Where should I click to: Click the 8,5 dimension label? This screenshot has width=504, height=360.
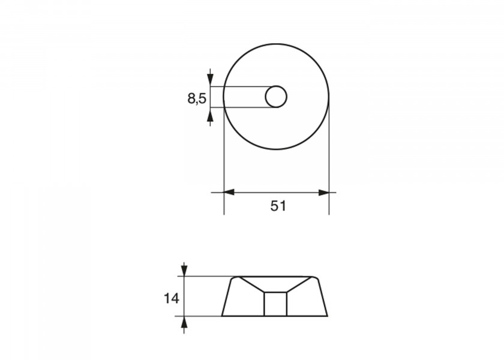197,98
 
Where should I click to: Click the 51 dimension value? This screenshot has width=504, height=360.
278,206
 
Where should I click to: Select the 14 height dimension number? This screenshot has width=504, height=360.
172,299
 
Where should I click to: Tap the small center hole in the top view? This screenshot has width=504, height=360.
276,97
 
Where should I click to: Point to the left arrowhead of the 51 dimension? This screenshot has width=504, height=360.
229,193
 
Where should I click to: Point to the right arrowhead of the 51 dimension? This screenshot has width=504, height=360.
323,193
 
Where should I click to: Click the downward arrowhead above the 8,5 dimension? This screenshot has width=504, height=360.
210,80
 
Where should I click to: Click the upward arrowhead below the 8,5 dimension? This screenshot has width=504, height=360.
210,113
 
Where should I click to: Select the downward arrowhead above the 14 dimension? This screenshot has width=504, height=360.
184,270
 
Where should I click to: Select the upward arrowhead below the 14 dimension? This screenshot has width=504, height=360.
184,322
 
